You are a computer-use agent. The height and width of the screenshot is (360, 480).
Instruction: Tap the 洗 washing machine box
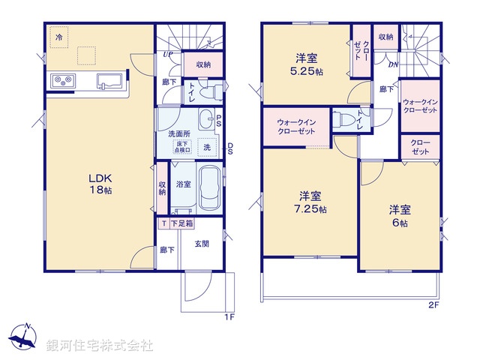pyautogui.click(x=206, y=147)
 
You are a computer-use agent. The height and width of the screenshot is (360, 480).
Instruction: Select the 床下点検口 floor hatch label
pyautogui.click(x=182, y=148)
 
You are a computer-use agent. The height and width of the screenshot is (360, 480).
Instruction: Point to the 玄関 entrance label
pyautogui.click(x=202, y=243)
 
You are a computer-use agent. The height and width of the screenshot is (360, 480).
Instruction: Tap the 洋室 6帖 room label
pyautogui.click(x=398, y=215)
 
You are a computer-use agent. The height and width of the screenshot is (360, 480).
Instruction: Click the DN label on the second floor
pyautogui.click(x=392, y=64)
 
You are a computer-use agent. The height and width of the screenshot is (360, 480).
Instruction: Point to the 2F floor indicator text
pyautogui.click(x=433, y=304)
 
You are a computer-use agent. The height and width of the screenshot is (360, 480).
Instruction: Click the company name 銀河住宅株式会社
pyautogui.click(x=100, y=345)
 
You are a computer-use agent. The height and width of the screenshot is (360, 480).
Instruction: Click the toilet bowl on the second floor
pyautogui.click(x=344, y=119)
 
